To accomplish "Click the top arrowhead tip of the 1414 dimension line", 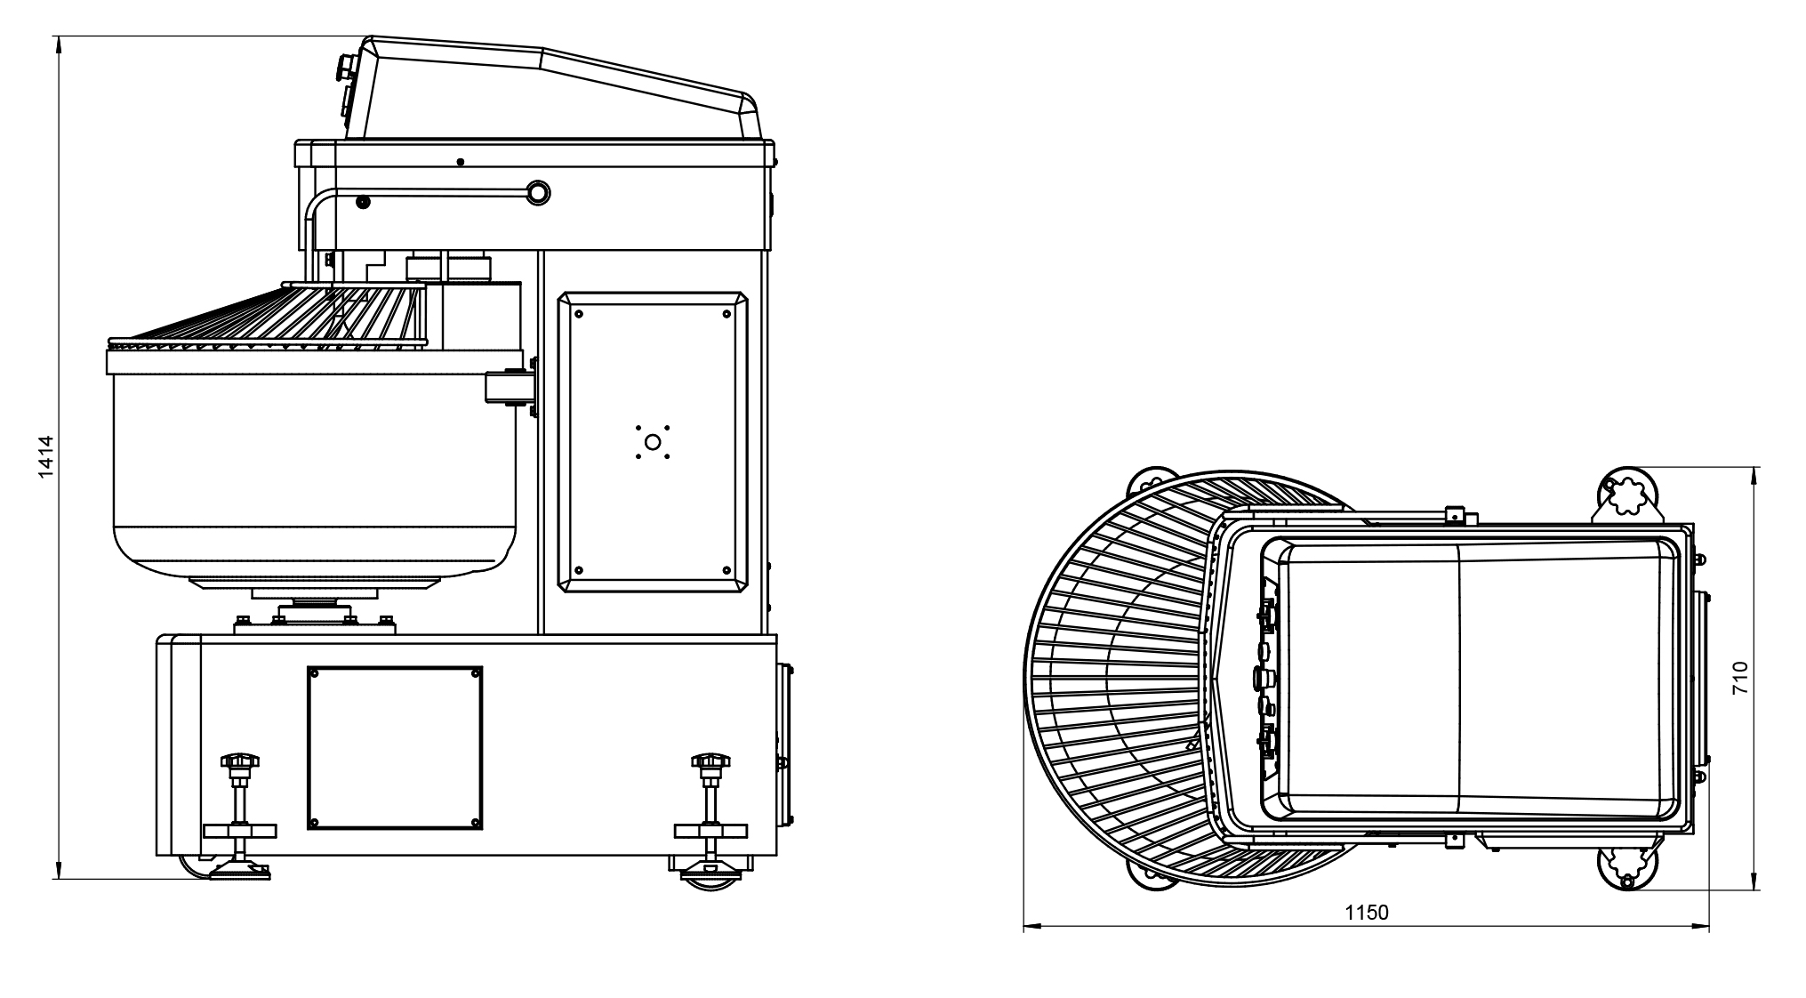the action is click(x=58, y=36).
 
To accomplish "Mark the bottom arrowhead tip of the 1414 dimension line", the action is click(x=58, y=880).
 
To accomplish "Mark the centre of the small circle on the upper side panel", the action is click(x=652, y=441).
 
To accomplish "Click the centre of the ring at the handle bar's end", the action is click(x=538, y=191).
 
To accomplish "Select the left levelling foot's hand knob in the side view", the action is click(x=240, y=761).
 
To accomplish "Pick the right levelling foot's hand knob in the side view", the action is click(x=710, y=761).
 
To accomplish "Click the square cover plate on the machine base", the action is click(x=395, y=747).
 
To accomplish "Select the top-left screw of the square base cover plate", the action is click(x=315, y=674).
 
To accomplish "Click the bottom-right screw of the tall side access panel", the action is click(x=726, y=569).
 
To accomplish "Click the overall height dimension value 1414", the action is click(x=47, y=457).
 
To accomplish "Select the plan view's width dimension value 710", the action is click(x=1740, y=679).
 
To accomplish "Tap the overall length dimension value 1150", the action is click(x=1366, y=913).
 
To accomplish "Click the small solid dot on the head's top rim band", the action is click(x=460, y=162).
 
